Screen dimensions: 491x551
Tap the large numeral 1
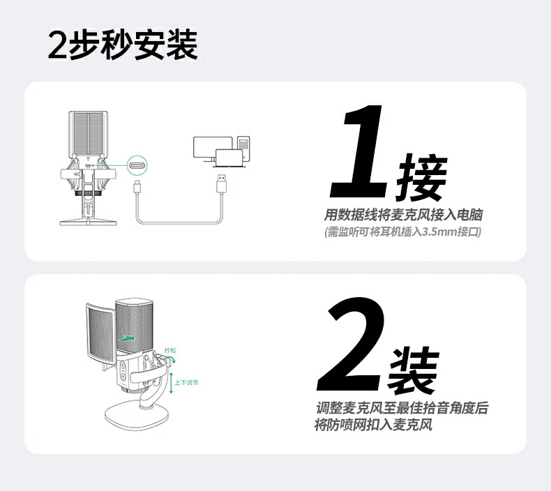pyautogui.click(x=360, y=152)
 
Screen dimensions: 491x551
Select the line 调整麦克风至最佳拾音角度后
pyautogui.click(x=401, y=408)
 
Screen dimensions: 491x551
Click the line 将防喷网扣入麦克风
pyautogui.click(x=373, y=425)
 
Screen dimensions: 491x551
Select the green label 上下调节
pyautogui.click(x=186, y=383)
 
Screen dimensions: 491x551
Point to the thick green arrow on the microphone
pyautogui.click(x=126, y=338)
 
